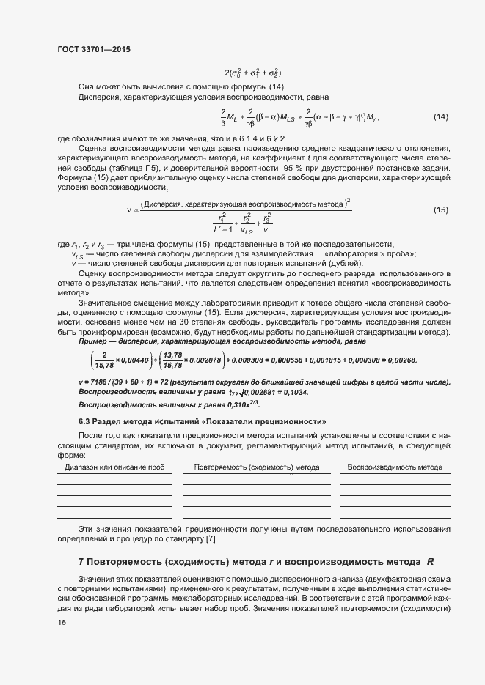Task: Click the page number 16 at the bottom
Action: pos(62,622)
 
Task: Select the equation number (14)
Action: pos(441,117)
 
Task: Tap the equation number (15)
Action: pos(441,210)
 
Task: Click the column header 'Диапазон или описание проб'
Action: pos(114,467)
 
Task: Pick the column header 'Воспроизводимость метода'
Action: pos(395,467)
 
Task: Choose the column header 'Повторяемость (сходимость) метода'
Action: pos(257,467)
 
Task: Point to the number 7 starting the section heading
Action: pos(81,562)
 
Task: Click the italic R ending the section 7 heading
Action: pos(431,562)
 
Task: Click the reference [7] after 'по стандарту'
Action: pos(211,540)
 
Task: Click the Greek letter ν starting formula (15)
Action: pos(128,210)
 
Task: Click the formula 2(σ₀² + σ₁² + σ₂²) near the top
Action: pos(253,73)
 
